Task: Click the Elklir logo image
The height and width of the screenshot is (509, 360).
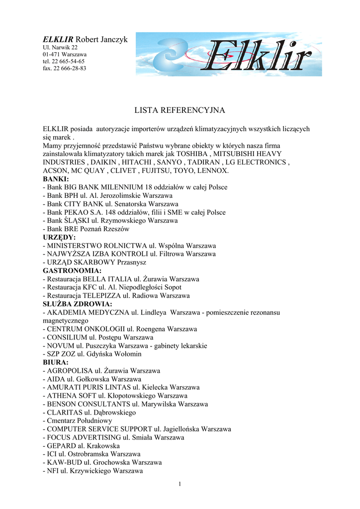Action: pos(229,54)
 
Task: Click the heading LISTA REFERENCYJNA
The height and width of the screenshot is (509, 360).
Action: pos(180,110)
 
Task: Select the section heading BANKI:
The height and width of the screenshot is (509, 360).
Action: pos(56,179)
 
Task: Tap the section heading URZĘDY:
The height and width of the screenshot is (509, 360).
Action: pos(59,238)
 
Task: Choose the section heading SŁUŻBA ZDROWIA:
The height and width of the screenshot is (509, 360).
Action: pos(77,304)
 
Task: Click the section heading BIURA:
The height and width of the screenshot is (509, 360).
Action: pos(56,363)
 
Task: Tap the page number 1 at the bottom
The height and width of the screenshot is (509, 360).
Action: pos(180,485)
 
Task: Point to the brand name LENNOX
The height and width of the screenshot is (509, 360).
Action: pos(213,170)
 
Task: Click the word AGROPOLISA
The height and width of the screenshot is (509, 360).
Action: pos(70,371)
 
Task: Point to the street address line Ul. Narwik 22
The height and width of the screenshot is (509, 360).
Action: pos(60,47)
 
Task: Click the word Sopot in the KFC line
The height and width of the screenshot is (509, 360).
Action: pos(172,287)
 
